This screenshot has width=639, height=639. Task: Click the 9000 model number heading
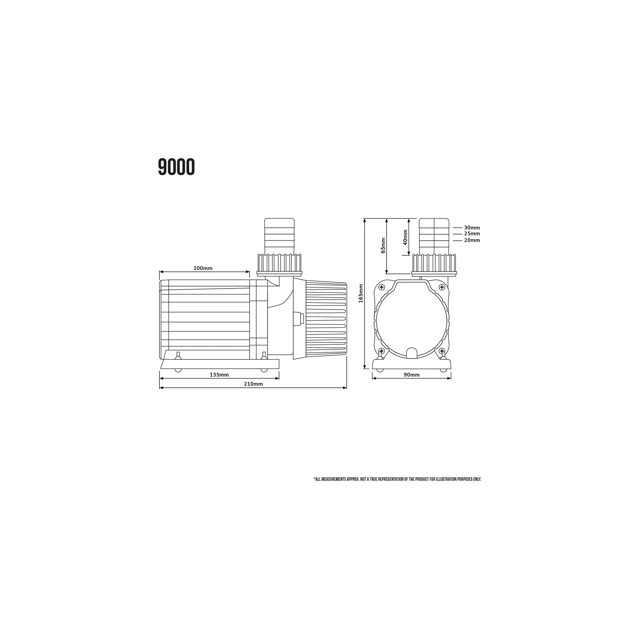(x=176, y=167)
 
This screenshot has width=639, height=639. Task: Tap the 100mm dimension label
(x=203, y=268)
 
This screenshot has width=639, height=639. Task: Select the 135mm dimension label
(x=219, y=375)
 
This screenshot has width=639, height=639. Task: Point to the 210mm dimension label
(x=253, y=384)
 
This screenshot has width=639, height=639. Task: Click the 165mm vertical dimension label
(x=361, y=293)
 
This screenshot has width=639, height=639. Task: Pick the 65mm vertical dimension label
(x=383, y=245)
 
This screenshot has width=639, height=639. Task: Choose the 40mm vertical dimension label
(x=405, y=237)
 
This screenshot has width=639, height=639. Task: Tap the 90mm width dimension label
(x=411, y=375)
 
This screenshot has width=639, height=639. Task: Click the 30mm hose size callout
(x=472, y=228)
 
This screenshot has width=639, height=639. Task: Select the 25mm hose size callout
(x=472, y=234)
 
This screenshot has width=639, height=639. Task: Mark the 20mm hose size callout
(x=472, y=240)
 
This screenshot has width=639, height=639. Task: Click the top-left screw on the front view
(x=382, y=287)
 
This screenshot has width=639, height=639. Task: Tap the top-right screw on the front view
(x=442, y=287)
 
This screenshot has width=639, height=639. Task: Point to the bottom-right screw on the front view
(x=442, y=351)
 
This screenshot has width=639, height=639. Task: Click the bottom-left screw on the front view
(x=382, y=351)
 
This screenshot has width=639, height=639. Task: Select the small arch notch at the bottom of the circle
(x=411, y=352)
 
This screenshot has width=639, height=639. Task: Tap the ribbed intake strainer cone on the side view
(x=325, y=319)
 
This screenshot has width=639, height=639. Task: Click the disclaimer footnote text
(x=397, y=479)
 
